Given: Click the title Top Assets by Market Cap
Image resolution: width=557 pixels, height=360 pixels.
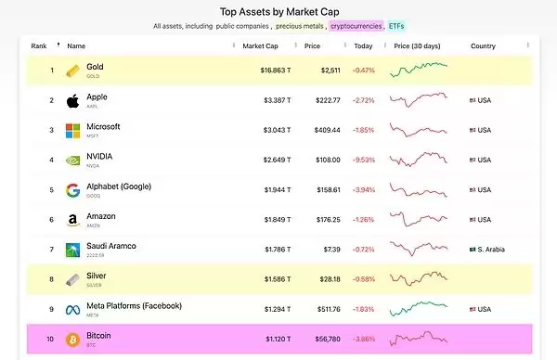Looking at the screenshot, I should coord(278,12).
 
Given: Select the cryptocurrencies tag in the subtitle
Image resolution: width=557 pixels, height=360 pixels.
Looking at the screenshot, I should coord(356,27).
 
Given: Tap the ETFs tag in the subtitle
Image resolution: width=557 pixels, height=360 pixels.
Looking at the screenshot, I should coord(395,27).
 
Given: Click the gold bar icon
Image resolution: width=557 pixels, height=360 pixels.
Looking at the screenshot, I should coord(72,71).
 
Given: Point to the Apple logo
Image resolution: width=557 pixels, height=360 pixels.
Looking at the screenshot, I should coord(72,100).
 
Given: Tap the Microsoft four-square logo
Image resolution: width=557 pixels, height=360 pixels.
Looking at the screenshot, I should coord(72,130).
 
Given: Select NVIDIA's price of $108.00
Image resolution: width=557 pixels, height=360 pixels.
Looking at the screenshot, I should coord(330,160).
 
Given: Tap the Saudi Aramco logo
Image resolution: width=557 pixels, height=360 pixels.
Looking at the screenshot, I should coord(72,250).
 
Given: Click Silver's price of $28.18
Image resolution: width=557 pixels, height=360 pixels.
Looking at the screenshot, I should coord(330,279).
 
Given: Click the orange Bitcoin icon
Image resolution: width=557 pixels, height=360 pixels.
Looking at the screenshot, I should coord(72,339).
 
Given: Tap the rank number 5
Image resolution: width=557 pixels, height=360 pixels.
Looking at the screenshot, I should coord(51,190).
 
